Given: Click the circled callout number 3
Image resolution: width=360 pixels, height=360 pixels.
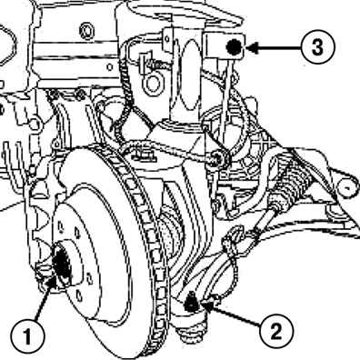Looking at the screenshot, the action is (317, 47).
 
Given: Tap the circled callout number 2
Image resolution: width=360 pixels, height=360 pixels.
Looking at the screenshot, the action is (276, 332).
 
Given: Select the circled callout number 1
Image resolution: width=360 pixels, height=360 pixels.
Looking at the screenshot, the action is (27, 337).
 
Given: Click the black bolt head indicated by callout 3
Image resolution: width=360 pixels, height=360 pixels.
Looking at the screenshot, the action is (235, 47).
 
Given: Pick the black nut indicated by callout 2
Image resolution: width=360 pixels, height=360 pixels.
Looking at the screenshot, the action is (191, 303).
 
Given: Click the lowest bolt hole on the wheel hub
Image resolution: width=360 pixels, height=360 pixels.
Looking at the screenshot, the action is (79, 296).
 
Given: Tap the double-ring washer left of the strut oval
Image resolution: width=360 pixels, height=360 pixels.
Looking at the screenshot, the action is (152, 83).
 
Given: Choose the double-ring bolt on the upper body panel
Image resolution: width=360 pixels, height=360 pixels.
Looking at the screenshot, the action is (86, 31).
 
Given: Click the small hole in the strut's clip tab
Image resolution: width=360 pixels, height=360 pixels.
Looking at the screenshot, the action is (167, 39).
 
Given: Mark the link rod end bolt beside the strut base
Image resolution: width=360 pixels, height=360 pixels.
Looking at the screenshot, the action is (219, 158).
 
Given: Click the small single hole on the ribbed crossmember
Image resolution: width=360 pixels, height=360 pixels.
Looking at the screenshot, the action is (110, 66).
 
